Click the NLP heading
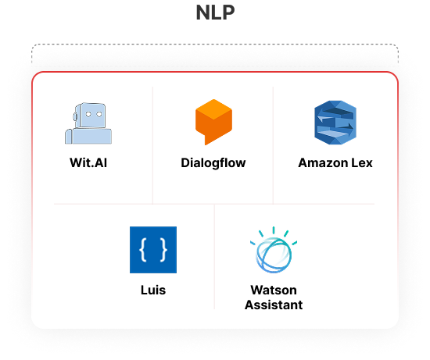(x=215, y=12)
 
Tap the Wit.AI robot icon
(x=88, y=123)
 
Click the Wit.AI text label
(x=88, y=162)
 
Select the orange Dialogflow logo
(x=213, y=122)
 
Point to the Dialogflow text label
(x=213, y=162)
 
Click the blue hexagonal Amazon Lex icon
(x=335, y=123)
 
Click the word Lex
(x=362, y=162)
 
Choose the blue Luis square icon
(x=153, y=250)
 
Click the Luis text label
(x=153, y=290)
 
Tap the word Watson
(x=274, y=290)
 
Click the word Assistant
(x=274, y=305)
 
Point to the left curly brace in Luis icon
(x=143, y=250)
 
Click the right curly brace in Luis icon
(x=163, y=250)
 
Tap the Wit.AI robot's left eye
(x=88, y=114)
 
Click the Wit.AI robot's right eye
(x=99, y=114)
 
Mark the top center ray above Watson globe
(x=274, y=230)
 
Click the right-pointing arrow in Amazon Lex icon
(x=342, y=127)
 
